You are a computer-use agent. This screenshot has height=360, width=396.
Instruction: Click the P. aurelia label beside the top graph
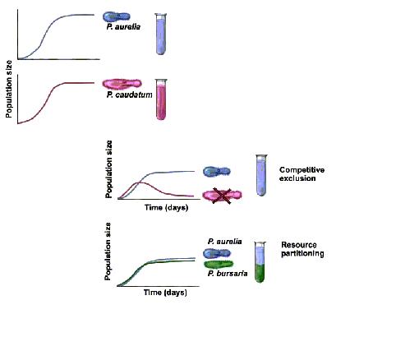click(x=123, y=27)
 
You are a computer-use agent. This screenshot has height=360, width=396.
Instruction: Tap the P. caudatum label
click(x=129, y=95)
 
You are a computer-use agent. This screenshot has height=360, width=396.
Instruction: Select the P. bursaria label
click(x=228, y=274)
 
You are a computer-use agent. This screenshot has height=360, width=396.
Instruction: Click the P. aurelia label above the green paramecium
click(x=224, y=242)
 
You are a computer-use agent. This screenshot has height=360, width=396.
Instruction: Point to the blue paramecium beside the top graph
click(x=117, y=17)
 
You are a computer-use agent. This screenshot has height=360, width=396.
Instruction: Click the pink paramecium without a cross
click(x=122, y=84)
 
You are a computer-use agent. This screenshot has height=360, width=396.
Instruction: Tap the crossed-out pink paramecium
click(x=222, y=195)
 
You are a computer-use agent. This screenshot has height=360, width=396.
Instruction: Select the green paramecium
click(x=219, y=265)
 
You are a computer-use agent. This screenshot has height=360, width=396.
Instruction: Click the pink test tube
click(x=161, y=99)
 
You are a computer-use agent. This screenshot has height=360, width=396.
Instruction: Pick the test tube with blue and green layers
click(x=260, y=262)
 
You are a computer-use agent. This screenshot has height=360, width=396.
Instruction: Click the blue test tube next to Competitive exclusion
click(x=261, y=175)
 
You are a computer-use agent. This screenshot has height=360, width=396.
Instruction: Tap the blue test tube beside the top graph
click(x=161, y=34)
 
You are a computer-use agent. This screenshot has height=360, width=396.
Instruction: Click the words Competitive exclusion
click(x=302, y=174)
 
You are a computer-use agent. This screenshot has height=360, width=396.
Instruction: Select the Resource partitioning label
click(x=302, y=249)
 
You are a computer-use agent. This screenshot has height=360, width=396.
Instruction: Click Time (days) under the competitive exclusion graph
click(x=167, y=207)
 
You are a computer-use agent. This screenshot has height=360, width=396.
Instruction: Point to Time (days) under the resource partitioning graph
click(x=165, y=293)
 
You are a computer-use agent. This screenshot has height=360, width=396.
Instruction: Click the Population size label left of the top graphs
click(x=9, y=89)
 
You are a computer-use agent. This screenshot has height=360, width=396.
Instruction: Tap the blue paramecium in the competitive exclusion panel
click(x=217, y=172)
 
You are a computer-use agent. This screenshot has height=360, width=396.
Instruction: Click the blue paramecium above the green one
click(x=217, y=253)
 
